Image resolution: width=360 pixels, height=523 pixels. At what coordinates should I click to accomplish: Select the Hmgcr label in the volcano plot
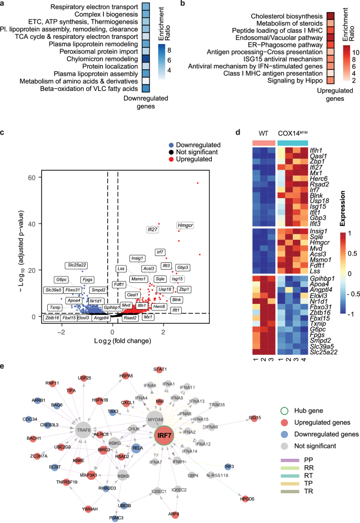click(186, 211)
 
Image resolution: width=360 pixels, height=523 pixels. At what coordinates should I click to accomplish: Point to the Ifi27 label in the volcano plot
click(152, 229)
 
